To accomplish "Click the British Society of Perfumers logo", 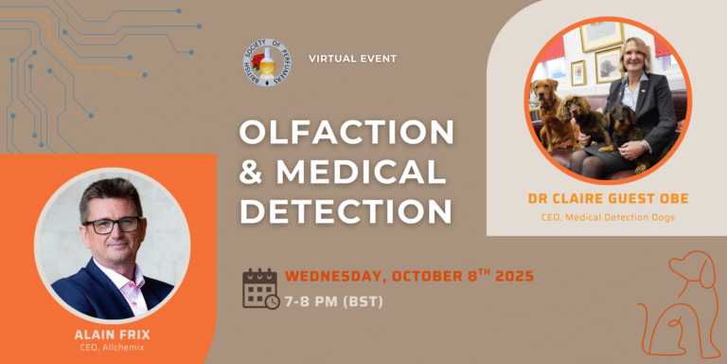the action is [267, 63].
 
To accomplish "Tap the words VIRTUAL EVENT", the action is [353, 59].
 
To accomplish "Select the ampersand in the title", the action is [253, 171].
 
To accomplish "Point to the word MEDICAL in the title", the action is [361, 171].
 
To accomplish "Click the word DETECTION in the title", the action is [346, 210].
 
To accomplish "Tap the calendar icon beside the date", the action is [260, 288].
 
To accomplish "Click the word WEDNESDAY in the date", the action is [337, 277].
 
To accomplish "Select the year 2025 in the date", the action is [514, 276].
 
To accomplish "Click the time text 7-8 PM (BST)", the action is [334, 301].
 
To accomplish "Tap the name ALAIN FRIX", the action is [112, 335].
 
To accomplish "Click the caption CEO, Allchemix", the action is [113, 346].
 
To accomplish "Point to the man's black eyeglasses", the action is [112, 226].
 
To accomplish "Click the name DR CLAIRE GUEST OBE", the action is [608, 199].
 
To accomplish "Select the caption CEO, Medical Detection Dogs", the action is [608, 217].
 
